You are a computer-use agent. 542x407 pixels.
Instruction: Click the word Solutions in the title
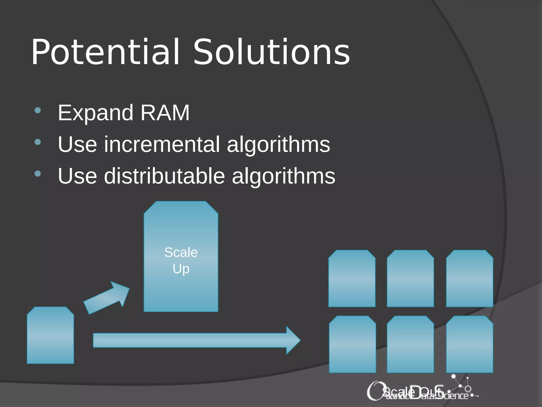pyautogui.click(x=272, y=52)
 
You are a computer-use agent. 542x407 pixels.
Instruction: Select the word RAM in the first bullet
pyautogui.click(x=165, y=113)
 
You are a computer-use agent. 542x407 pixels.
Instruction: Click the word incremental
pyautogui.click(x=162, y=144)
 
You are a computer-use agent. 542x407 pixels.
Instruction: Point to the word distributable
pyautogui.click(x=164, y=176)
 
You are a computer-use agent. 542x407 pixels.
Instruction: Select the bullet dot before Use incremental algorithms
pyautogui.click(x=38, y=142)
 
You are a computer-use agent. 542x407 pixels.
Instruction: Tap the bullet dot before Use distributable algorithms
pyautogui.click(x=38, y=174)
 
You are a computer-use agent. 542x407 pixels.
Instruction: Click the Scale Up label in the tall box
pyautogui.click(x=181, y=260)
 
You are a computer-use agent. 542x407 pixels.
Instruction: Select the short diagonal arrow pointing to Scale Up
pyautogui.click(x=107, y=298)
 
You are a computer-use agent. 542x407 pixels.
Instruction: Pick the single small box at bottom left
pyautogui.click(x=50, y=335)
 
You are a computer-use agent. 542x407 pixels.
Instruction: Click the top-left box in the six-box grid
pyautogui.click(x=352, y=278)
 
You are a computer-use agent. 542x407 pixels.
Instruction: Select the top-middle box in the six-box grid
pyautogui.click(x=410, y=278)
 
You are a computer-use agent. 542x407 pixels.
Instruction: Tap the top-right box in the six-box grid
pyautogui.click(x=469, y=278)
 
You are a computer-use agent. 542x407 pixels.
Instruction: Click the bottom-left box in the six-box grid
pyautogui.click(x=352, y=344)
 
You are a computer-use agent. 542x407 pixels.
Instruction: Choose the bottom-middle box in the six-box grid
pyautogui.click(x=410, y=344)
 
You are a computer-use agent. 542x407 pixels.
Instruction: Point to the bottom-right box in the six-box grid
pyautogui.click(x=469, y=344)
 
